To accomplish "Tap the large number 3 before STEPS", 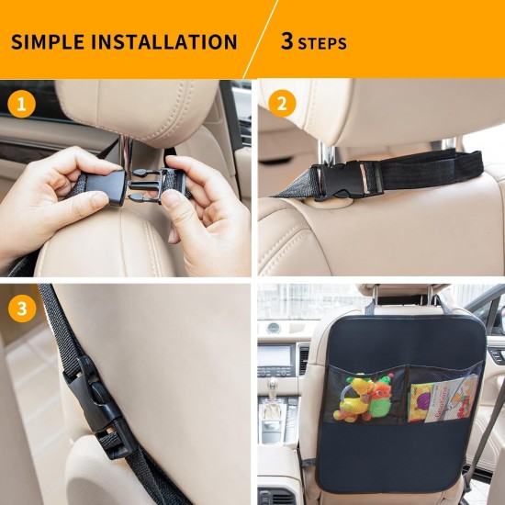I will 287,41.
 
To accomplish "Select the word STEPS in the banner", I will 323,43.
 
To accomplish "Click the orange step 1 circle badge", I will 22,103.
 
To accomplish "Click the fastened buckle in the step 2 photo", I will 344,179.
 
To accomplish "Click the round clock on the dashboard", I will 273,328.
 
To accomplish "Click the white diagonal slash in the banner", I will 261,39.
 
